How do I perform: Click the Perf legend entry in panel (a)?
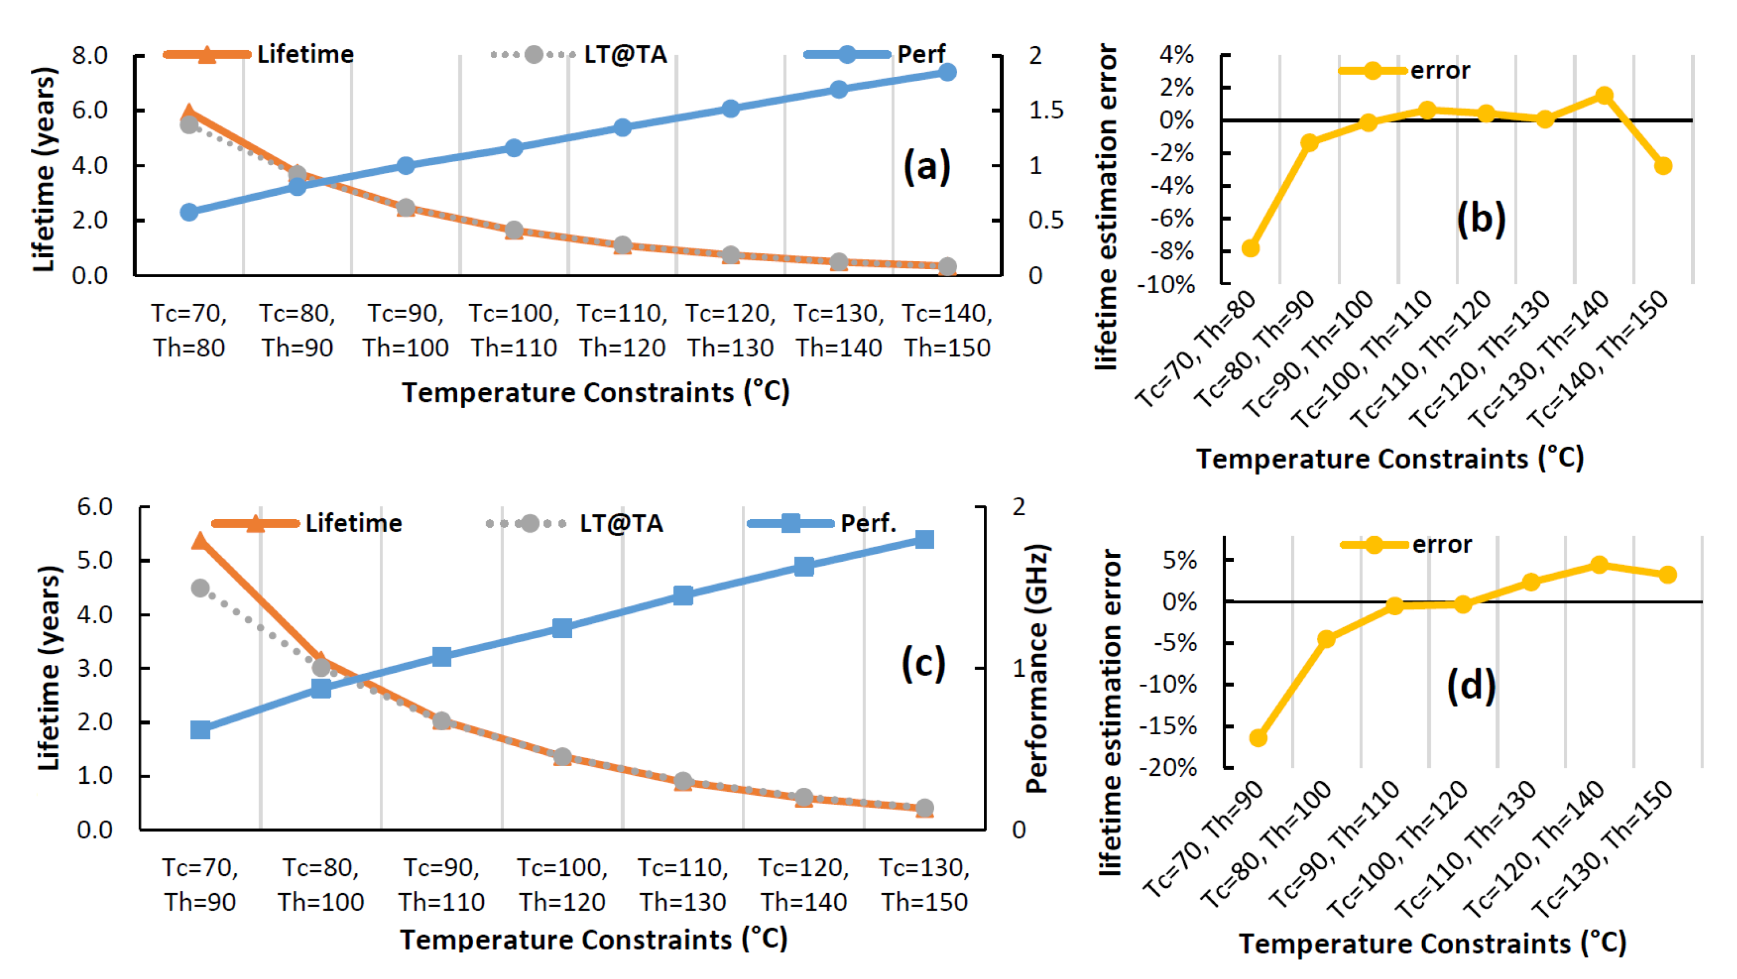(875, 54)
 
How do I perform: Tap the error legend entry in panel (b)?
(1404, 70)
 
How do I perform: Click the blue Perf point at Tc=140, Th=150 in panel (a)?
(947, 72)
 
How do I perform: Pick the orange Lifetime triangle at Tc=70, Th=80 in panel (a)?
(189, 113)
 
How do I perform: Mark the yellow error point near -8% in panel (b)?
(1250, 248)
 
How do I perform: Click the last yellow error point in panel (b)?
(1663, 165)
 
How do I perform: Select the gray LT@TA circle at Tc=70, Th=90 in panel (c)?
(200, 588)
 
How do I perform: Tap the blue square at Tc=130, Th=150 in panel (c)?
(925, 540)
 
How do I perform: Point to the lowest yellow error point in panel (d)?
(1258, 738)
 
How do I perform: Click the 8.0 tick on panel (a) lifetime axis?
(90, 55)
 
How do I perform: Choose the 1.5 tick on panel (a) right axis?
(1046, 110)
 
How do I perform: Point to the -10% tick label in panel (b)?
(1165, 285)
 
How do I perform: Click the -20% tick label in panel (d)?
(1169, 767)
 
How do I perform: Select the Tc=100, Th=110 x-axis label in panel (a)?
(514, 330)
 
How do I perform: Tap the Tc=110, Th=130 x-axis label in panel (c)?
(683, 885)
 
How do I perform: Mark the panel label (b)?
(1481, 219)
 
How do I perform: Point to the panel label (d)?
(1471, 686)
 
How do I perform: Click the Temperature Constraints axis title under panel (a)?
(596, 392)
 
